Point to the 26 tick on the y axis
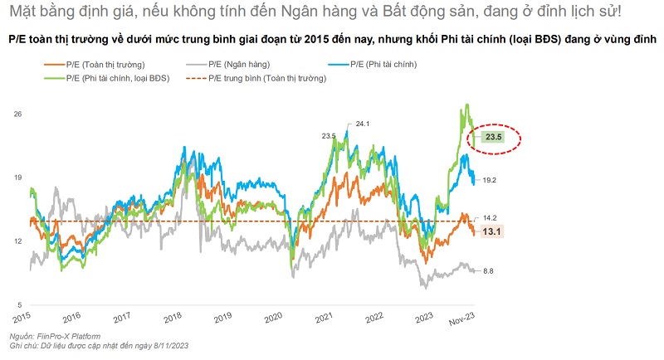16,114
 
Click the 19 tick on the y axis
16,178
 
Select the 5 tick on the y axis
18,304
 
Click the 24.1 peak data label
361,124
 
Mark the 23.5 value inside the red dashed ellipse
495,137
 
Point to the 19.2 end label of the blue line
489,180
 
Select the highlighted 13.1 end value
495,232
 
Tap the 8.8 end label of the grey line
489,271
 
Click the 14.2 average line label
490,217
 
